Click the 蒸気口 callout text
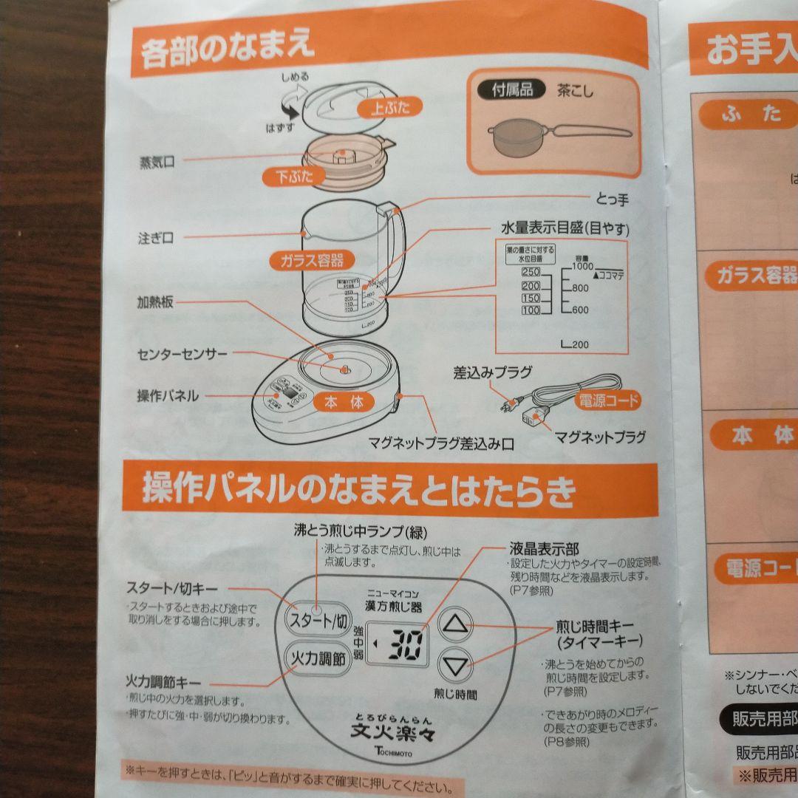[158, 163]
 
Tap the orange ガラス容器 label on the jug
[312, 260]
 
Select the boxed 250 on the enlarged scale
[531, 273]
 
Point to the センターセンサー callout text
[183, 355]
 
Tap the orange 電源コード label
[607, 400]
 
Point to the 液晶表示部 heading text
[544, 549]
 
